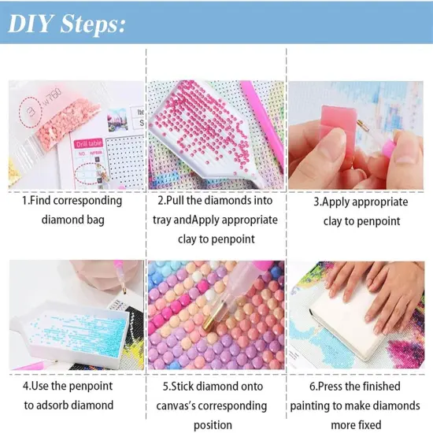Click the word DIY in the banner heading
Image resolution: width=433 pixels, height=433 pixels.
click(x=31, y=24)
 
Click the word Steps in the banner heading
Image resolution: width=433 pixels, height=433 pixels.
click(x=90, y=25)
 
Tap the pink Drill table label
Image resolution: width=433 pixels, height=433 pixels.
click(x=88, y=143)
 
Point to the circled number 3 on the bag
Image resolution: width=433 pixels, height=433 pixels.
click(x=31, y=112)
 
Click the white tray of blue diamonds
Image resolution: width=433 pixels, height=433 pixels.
click(x=69, y=331)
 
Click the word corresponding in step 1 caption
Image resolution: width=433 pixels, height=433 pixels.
click(x=87, y=201)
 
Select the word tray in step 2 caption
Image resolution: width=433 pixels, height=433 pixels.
click(x=162, y=220)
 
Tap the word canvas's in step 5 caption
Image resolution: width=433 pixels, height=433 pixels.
click(x=176, y=406)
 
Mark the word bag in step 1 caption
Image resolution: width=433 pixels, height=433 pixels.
click(x=96, y=220)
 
